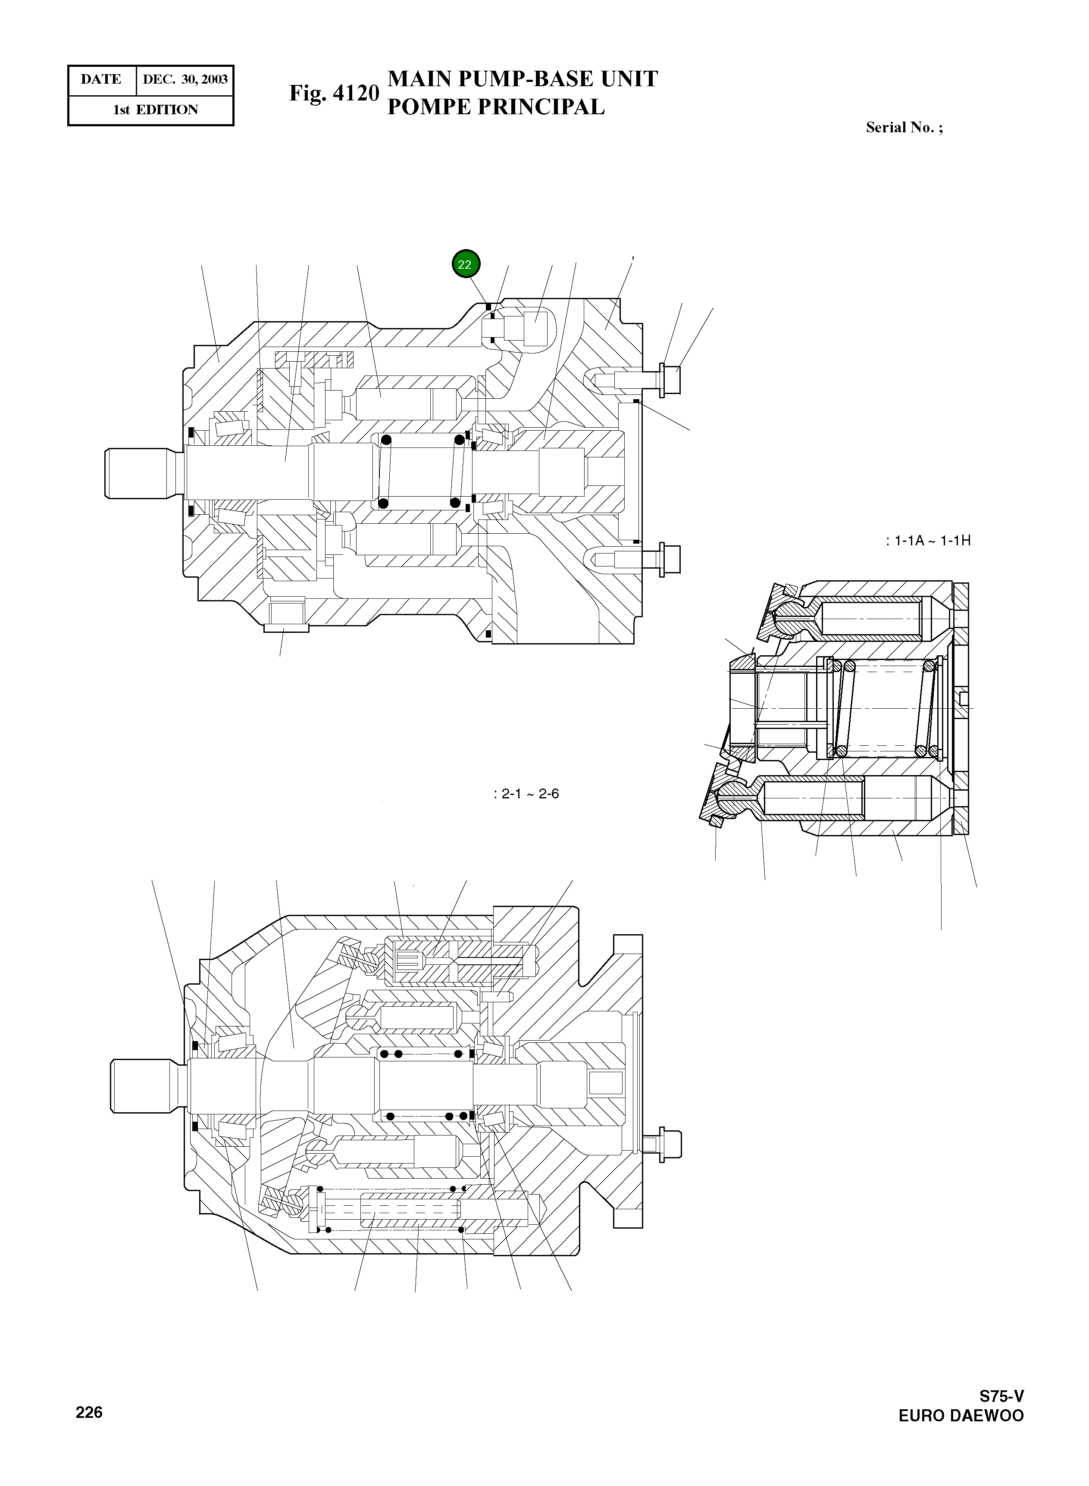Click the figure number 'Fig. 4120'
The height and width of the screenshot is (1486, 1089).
(334, 93)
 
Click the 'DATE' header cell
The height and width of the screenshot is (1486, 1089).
(101, 80)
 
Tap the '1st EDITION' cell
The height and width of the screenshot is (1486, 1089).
(155, 110)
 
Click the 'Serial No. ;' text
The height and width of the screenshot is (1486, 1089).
(904, 128)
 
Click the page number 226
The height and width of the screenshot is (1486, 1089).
(89, 1412)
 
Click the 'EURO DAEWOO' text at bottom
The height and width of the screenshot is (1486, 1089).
(961, 1416)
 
